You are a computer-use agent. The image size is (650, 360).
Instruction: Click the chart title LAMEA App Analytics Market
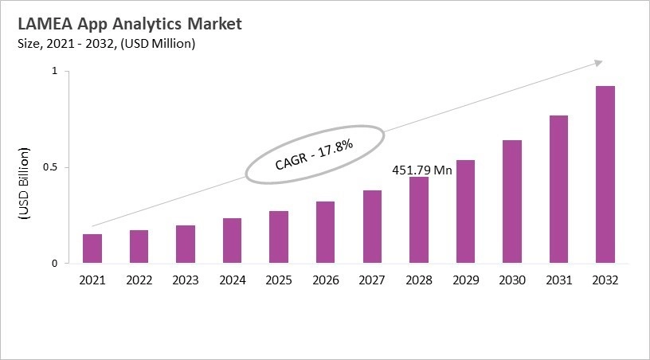click(129, 24)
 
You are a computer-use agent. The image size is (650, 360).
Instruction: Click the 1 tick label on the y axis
click(55, 72)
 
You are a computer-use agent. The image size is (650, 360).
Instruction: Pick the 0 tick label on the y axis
click(55, 264)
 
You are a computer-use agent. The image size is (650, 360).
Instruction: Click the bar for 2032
click(605, 174)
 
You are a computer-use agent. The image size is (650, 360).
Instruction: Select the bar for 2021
click(92, 248)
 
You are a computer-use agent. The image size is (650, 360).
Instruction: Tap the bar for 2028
click(419, 220)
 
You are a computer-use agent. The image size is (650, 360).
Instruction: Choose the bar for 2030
click(512, 202)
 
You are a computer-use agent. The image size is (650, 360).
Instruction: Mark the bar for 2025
click(279, 237)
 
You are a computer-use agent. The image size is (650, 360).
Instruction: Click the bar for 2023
click(186, 244)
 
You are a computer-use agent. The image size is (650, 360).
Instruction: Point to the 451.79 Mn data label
click(423, 170)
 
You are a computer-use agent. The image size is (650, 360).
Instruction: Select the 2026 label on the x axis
click(326, 280)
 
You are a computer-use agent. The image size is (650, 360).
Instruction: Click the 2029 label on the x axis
click(465, 280)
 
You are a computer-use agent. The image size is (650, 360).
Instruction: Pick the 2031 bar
click(558, 190)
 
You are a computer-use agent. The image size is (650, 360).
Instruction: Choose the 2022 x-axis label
click(139, 280)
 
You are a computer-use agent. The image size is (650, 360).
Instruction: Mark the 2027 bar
click(372, 227)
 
